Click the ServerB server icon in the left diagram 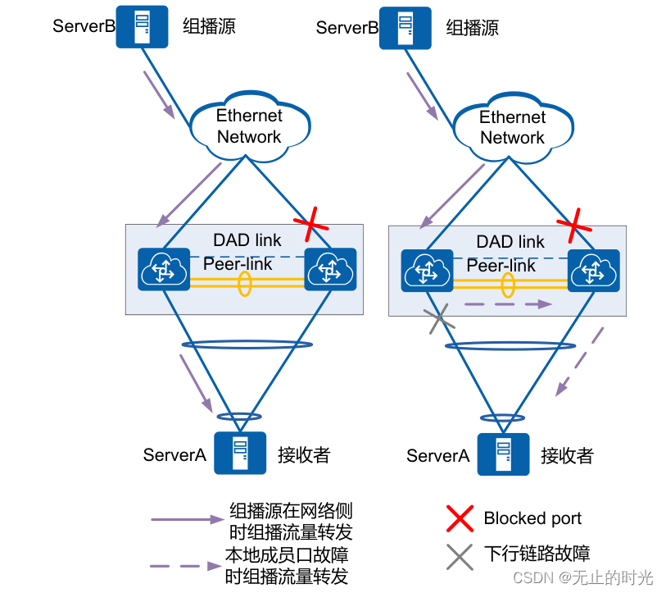point(142,26)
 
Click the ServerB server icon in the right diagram point(405,28)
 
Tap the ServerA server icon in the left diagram point(240,453)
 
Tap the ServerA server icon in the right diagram point(503,454)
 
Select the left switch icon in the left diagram point(164,269)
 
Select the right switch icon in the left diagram point(330,269)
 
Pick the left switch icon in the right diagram point(427,271)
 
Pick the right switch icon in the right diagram point(594,271)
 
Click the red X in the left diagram point(311,224)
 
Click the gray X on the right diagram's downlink point(439,319)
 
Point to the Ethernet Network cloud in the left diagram point(250,126)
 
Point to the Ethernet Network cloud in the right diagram point(514,128)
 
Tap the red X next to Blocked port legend point(460,518)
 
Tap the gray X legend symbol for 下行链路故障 point(460,557)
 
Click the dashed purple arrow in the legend point(186,566)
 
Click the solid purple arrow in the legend point(188,519)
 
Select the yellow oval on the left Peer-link point(245,283)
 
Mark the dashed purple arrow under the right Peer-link point(508,304)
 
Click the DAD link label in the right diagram point(510,242)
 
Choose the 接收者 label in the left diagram point(304,454)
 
